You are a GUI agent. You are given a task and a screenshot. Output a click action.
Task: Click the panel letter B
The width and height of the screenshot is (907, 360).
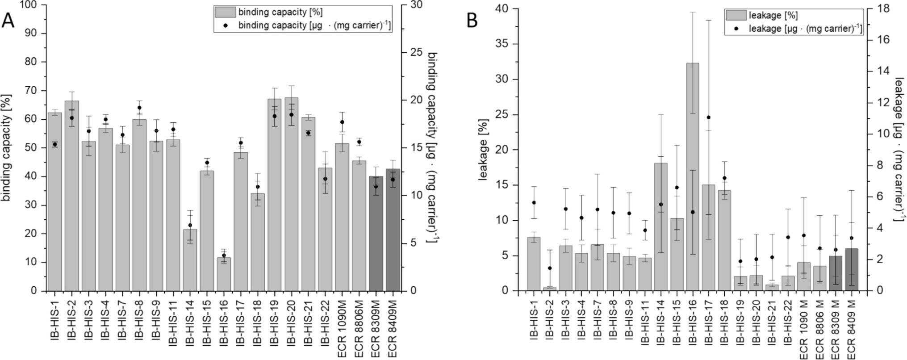[x=472, y=21]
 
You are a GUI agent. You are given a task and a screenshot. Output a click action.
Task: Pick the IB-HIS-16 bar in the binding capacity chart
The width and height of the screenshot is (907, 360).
[x=224, y=274]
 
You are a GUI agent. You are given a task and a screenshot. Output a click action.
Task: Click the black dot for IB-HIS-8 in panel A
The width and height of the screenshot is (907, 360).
[x=139, y=108]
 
